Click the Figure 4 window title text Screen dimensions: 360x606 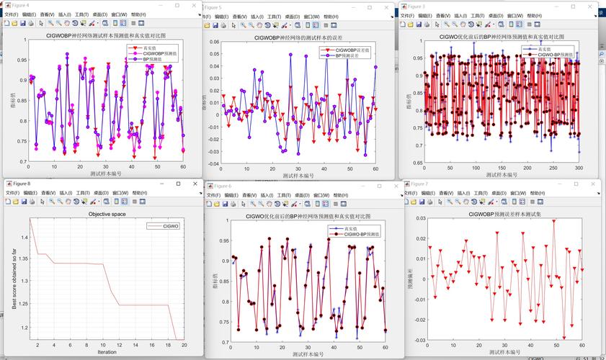[20, 5]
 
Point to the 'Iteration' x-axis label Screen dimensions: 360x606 [107, 352]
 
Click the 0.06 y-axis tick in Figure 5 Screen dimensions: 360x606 [213, 42]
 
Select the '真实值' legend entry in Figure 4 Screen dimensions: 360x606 [156, 48]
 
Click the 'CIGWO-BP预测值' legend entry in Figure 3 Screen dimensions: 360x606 [556, 54]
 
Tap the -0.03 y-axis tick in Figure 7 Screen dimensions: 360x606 [419, 340]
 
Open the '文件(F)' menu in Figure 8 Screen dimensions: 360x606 [14, 193]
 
